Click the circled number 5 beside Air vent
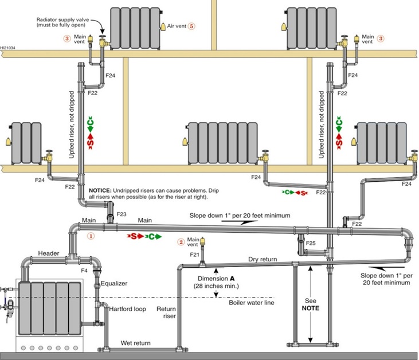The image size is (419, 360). pos(191,26)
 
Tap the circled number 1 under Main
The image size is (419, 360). pos(90,235)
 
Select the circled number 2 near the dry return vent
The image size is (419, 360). pos(181,241)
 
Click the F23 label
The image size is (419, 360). pos(122,214)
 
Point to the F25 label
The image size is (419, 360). pos(310,244)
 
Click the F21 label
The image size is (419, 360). pos(194,254)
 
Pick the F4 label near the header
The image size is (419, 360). pos(84,270)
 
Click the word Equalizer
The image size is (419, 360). pos(115,283)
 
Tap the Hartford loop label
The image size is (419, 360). pos(127,309)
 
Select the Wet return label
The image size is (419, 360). pos(135,343)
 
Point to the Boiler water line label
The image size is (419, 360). pos(250,303)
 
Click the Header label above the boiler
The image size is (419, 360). pos(49,253)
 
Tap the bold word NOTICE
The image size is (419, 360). pos(103,190)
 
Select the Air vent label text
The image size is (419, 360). pos(175,26)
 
